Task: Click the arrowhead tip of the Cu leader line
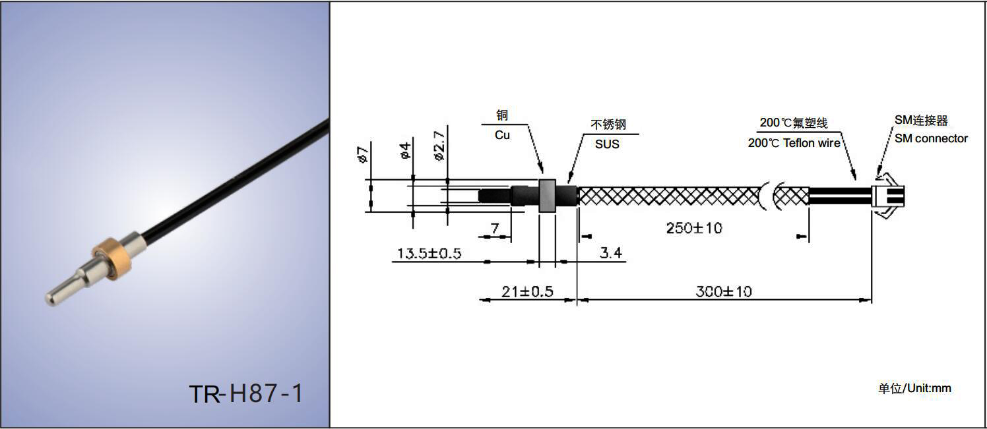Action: click(x=543, y=174)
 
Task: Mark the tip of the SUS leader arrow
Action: click(x=569, y=183)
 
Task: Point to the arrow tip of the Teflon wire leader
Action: click(x=855, y=179)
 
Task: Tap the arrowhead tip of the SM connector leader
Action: click(x=877, y=176)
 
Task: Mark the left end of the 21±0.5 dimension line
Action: click(x=480, y=300)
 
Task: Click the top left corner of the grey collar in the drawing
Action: click(x=539, y=179)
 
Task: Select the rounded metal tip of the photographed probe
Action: click(x=51, y=298)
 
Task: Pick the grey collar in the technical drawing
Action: click(x=547, y=195)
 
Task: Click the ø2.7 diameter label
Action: click(x=439, y=146)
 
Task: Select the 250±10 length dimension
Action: click(x=694, y=228)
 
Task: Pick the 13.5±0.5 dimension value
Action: click(x=429, y=254)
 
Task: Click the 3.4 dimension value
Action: click(x=611, y=252)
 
